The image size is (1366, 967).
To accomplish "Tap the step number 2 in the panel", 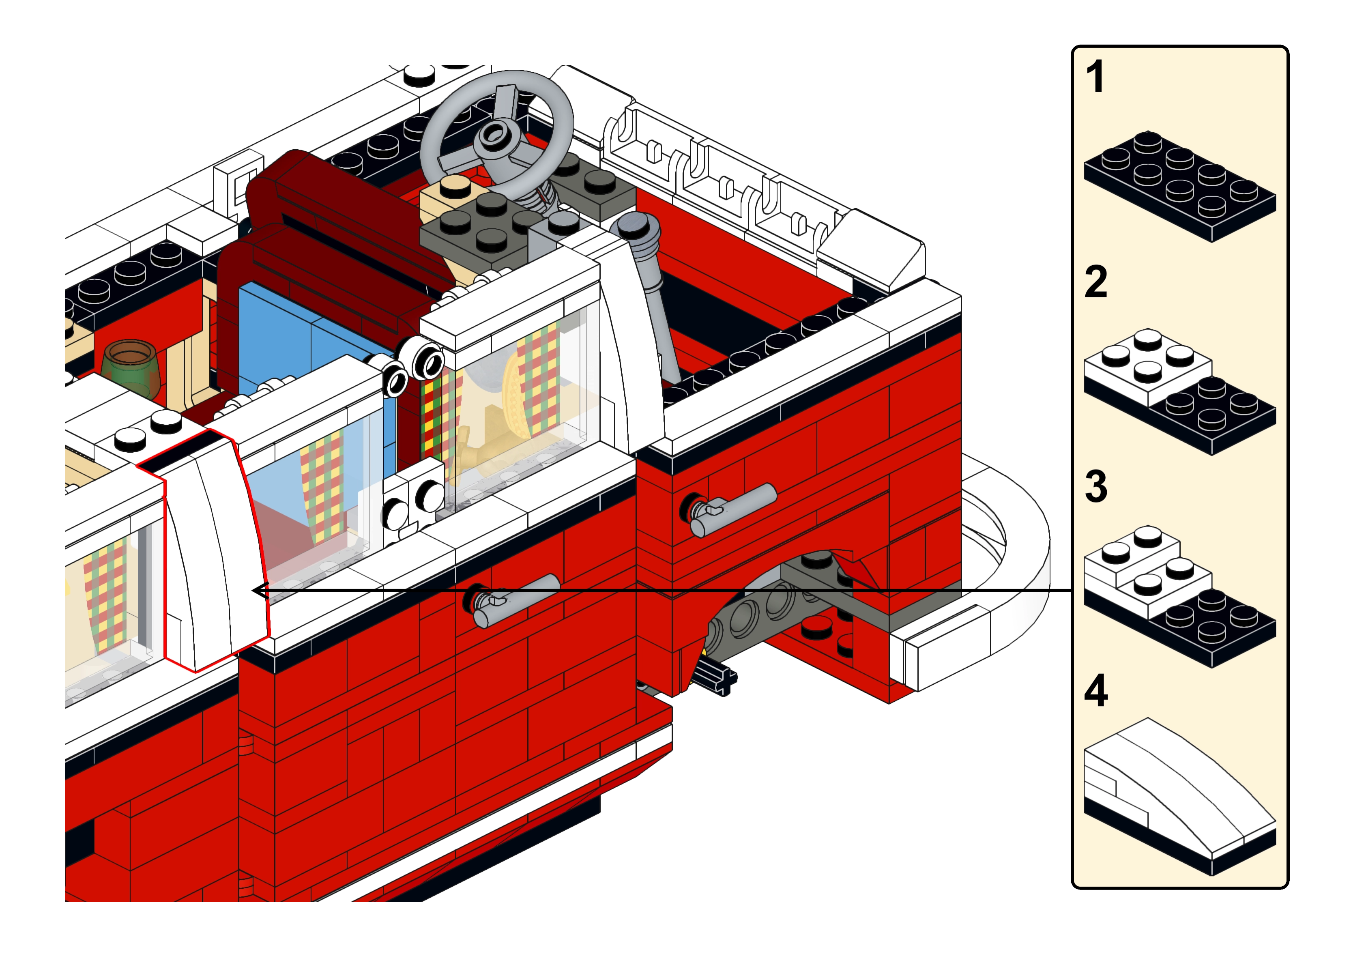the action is [x=1096, y=282].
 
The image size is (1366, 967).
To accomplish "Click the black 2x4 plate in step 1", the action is [x=1180, y=186].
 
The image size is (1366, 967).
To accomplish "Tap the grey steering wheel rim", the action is [x=497, y=133].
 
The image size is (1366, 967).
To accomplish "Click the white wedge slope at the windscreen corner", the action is [x=871, y=250].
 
